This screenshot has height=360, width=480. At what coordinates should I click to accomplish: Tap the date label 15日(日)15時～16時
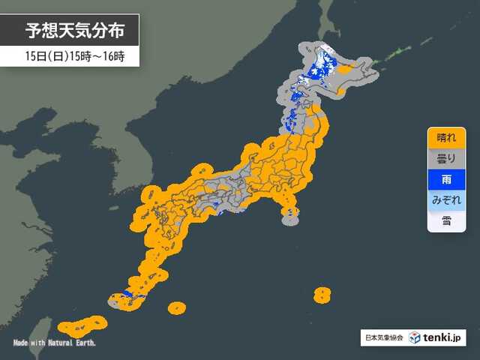69,56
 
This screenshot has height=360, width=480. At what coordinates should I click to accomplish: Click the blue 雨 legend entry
445,180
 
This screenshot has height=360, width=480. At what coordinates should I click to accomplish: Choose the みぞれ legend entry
445,200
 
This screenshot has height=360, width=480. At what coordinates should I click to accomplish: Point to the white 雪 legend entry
445,220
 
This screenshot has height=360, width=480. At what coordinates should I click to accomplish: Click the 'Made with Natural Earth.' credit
55,343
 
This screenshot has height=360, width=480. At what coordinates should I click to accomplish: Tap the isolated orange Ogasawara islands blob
322,293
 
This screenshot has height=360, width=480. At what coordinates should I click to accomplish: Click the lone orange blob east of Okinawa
177,307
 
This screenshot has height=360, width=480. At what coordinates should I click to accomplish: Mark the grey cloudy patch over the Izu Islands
289,217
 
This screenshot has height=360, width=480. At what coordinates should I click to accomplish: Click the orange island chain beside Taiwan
82,325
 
